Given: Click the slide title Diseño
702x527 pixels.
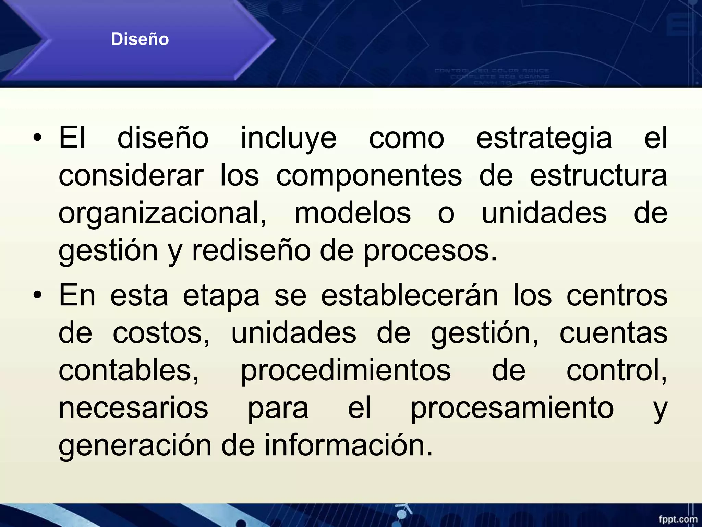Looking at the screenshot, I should pyautogui.click(x=140, y=39).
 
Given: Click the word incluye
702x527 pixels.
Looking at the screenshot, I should pyautogui.click(x=289, y=138).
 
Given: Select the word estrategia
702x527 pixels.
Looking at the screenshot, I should pyautogui.click(x=544, y=138).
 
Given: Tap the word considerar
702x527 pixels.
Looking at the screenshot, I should pyautogui.click(x=131, y=176).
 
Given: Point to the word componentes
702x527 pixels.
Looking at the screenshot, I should pyautogui.click(x=369, y=176).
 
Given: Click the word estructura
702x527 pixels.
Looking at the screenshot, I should pyautogui.click(x=598, y=176).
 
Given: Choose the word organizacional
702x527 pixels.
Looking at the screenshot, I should pyautogui.click(x=162, y=213).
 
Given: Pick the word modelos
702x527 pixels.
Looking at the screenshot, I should pyautogui.click(x=352, y=213).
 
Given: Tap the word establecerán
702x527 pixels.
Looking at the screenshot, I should pyautogui.click(x=409, y=296).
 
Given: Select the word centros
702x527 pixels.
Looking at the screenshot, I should pyautogui.click(x=617, y=296).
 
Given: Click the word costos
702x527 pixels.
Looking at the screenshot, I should pyautogui.click(x=161, y=333).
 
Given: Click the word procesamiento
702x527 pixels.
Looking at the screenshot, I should pyautogui.click(x=512, y=408).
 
